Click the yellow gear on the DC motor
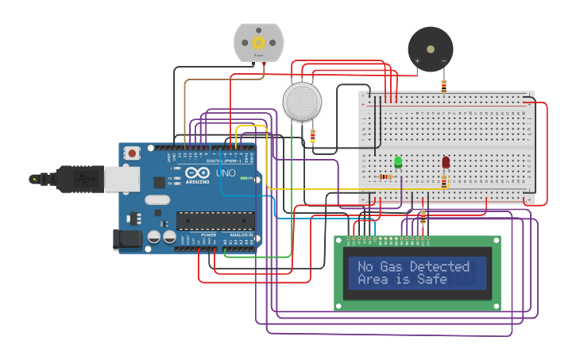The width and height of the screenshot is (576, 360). point(258,42)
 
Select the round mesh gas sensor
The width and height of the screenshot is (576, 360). point(303,102)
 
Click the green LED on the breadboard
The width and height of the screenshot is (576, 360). point(398,162)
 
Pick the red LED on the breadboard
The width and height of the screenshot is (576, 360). point(446,162)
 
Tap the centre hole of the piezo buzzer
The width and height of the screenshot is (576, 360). point(431,48)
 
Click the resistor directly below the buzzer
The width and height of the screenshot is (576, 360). point(443,86)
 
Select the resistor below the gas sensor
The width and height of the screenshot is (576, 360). point(312,136)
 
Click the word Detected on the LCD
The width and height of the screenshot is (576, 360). point(439,267)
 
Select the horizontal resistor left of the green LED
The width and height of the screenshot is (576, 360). point(385,176)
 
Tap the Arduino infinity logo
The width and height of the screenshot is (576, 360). point(197,173)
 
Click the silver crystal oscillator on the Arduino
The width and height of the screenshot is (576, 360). point(157,200)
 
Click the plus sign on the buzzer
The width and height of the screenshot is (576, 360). point(417,61)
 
